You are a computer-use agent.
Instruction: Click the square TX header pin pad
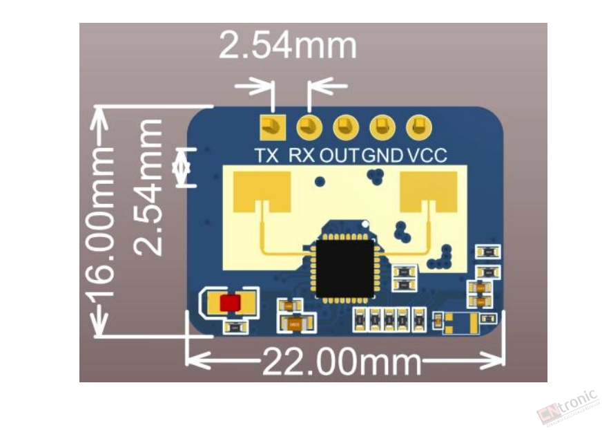273,127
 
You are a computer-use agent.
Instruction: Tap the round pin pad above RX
309,127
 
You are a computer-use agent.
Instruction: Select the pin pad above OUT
346,127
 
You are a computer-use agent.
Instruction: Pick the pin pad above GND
382,127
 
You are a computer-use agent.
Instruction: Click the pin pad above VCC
419,127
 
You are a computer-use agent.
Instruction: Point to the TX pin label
267,156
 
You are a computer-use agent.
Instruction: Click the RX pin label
302,156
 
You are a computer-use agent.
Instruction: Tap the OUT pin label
339,156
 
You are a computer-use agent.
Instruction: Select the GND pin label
382,156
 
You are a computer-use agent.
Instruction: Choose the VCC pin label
427,156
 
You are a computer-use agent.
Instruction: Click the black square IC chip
344,268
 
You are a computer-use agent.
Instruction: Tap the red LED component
231,303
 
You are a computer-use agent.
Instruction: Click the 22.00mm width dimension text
342,362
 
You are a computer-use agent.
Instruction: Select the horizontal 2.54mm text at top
288,46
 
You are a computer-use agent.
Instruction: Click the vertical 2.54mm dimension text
148,187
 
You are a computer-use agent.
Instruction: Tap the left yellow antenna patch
262,191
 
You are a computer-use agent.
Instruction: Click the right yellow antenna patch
429,191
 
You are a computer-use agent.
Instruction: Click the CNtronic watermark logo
568,406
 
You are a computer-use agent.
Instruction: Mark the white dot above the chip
365,223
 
